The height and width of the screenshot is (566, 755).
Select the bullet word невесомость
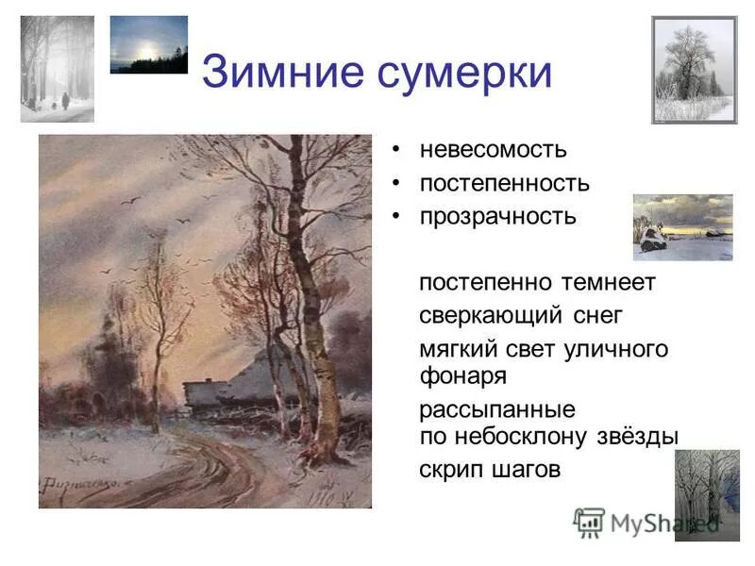click(494, 149)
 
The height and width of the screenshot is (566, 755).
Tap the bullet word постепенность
click(505, 183)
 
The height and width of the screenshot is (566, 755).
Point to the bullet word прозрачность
click(497, 216)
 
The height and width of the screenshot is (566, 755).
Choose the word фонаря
click(463, 375)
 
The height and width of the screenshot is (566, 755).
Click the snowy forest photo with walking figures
click(58, 69)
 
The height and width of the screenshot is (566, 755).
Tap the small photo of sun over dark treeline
click(148, 44)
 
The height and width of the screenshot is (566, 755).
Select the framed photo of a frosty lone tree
click(694, 70)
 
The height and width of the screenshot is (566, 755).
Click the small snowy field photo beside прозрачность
click(682, 227)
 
